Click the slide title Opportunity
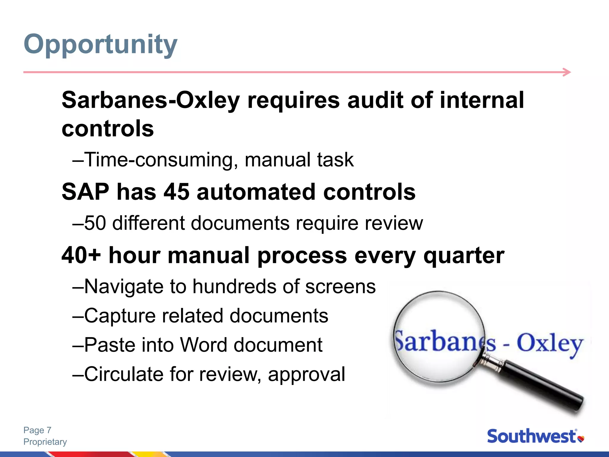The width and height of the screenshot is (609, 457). tap(101, 45)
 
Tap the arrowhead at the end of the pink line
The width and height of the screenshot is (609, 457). tap(567, 72)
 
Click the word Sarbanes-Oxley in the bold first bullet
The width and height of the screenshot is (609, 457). tap(150, 100)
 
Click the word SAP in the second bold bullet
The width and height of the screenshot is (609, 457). tap(85, 192)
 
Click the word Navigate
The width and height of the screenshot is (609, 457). tap(124, 287)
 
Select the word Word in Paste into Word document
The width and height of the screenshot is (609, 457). tap(203, 345)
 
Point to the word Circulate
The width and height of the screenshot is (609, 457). tap(124, 374)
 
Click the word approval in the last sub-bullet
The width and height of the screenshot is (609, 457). tap(306, 375)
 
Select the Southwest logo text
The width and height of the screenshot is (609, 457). tap(532, 436)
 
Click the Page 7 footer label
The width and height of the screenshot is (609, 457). tap(37, 430)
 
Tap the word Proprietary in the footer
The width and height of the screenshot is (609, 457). tap(45, 442)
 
